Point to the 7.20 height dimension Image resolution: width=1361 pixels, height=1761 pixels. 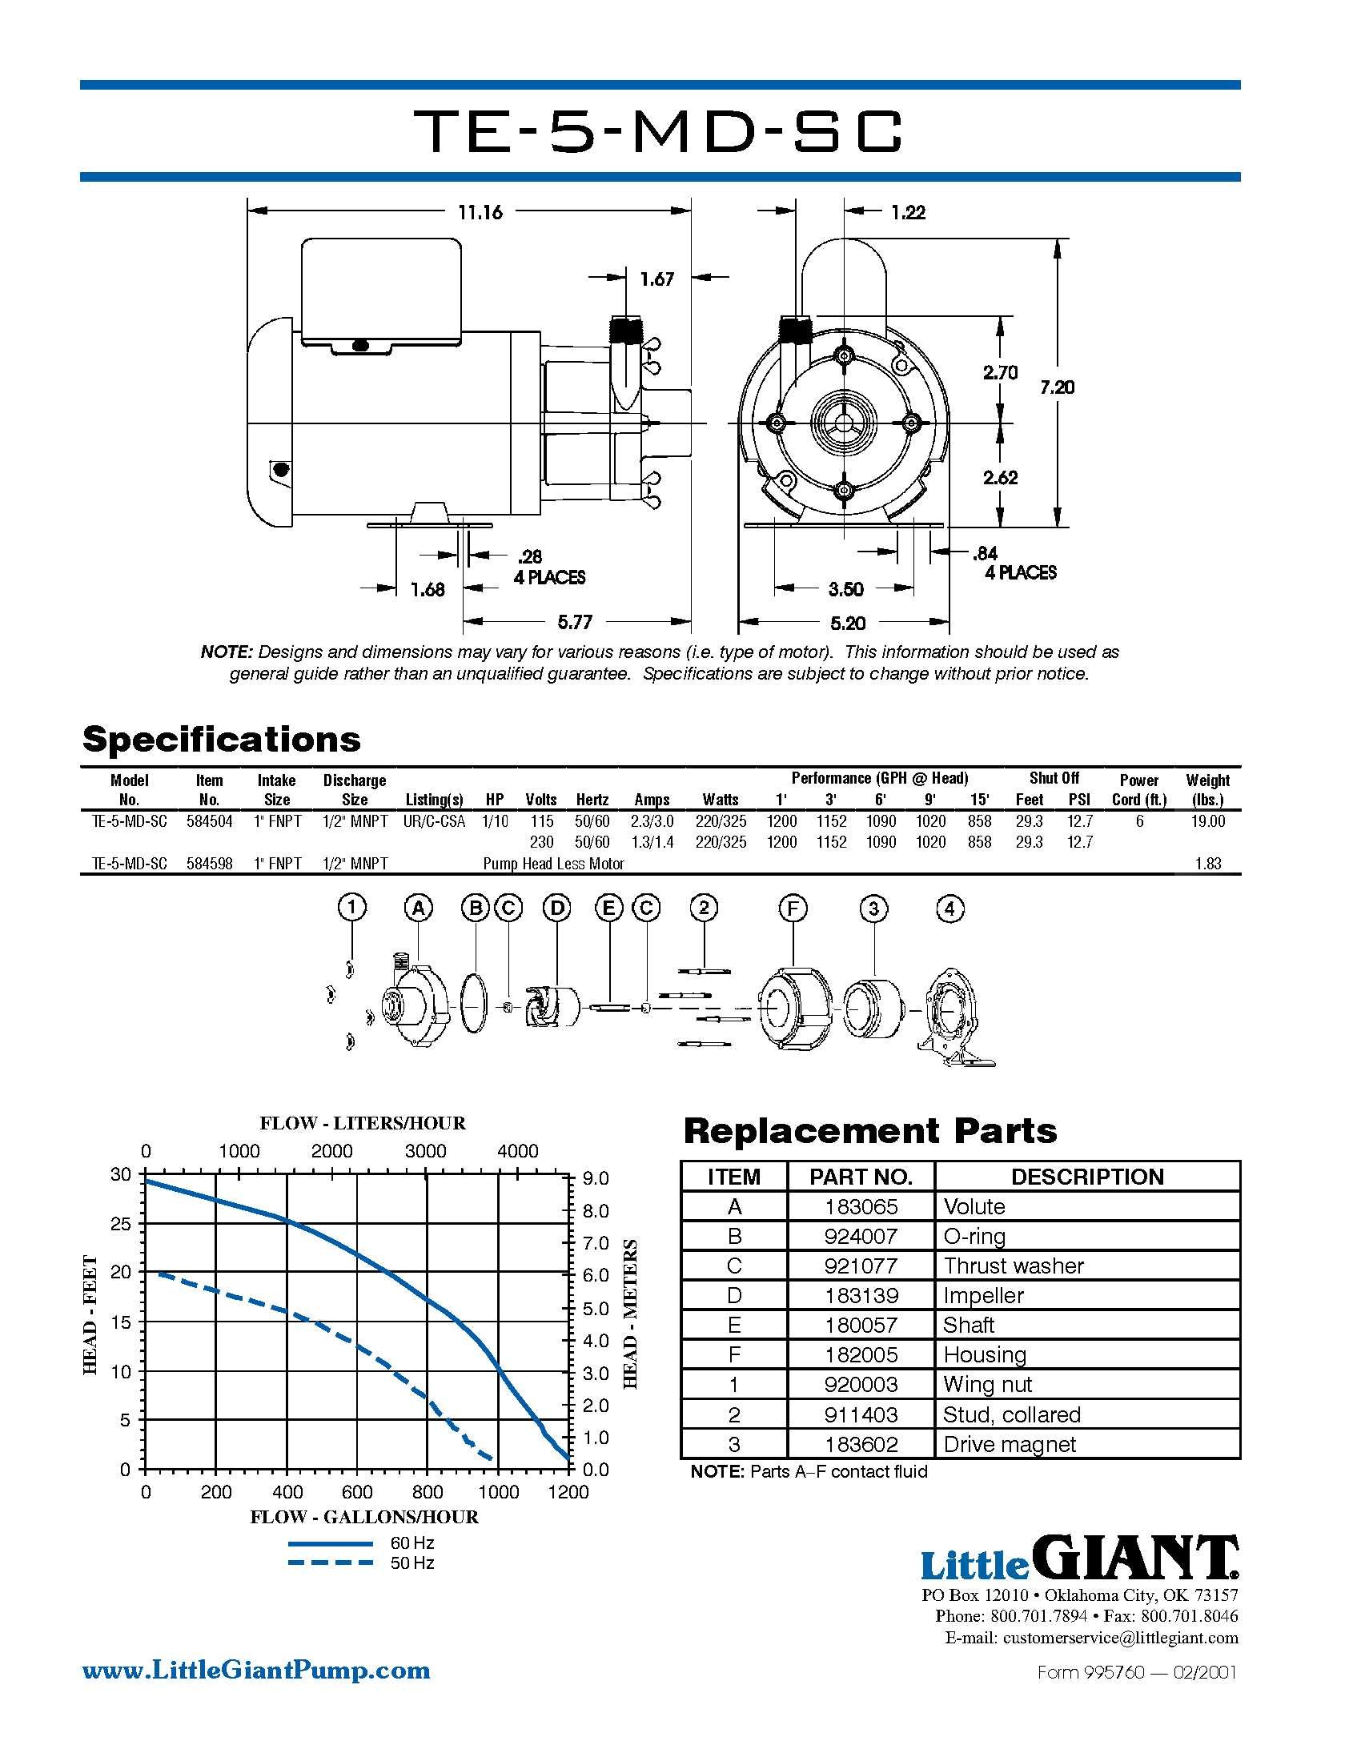click(1057, 387)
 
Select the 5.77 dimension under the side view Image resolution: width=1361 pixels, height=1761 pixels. click(574, 622)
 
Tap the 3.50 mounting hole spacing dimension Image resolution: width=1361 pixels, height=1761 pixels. click(845, 589)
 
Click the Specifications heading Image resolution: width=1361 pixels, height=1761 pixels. click(222, 740)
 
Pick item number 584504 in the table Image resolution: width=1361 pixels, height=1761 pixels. click(209, 821)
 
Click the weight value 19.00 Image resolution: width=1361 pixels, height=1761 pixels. click(1207, 821)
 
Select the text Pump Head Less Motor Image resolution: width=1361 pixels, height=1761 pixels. click(553, 864)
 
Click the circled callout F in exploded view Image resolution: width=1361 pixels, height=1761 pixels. click(793, 909)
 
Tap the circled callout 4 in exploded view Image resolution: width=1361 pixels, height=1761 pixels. click(949, 909)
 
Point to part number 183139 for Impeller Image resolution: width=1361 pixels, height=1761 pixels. click(861, 1296)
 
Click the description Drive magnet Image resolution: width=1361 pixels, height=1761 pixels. click(1010, 1445)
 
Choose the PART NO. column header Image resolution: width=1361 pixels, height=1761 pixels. click(861, 1177)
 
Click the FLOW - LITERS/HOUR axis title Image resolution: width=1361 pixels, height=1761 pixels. click(362, 1123)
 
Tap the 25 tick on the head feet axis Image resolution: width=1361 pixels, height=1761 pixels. click(120, 1224)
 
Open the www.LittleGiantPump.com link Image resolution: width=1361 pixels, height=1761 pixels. click(255, 1670)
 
